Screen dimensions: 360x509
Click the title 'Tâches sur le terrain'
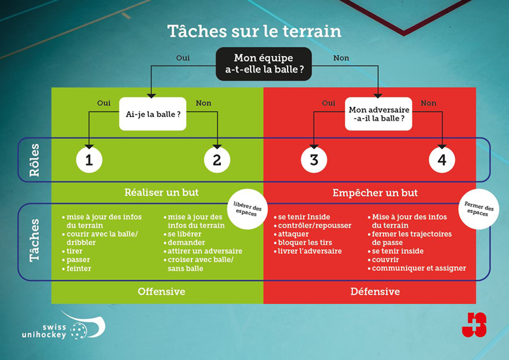point(254,31)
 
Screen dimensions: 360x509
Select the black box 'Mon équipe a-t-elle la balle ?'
point(263,64)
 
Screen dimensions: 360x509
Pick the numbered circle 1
point(89,160)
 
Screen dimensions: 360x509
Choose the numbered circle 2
point(217,160)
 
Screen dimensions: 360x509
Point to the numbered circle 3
point(314,160)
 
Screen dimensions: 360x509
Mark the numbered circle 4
point(442,160)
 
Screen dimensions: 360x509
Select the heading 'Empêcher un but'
point(370,193)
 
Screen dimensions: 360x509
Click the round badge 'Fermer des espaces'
point(479,208)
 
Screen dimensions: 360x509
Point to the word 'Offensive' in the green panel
point(162,291)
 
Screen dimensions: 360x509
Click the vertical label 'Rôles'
point(34,160)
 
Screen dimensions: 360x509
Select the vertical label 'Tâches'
point(34,241)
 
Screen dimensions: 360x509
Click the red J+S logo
point(474,324)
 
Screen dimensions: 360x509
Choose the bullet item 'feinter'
point(78,268)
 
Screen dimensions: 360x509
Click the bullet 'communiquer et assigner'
point(419,268)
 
